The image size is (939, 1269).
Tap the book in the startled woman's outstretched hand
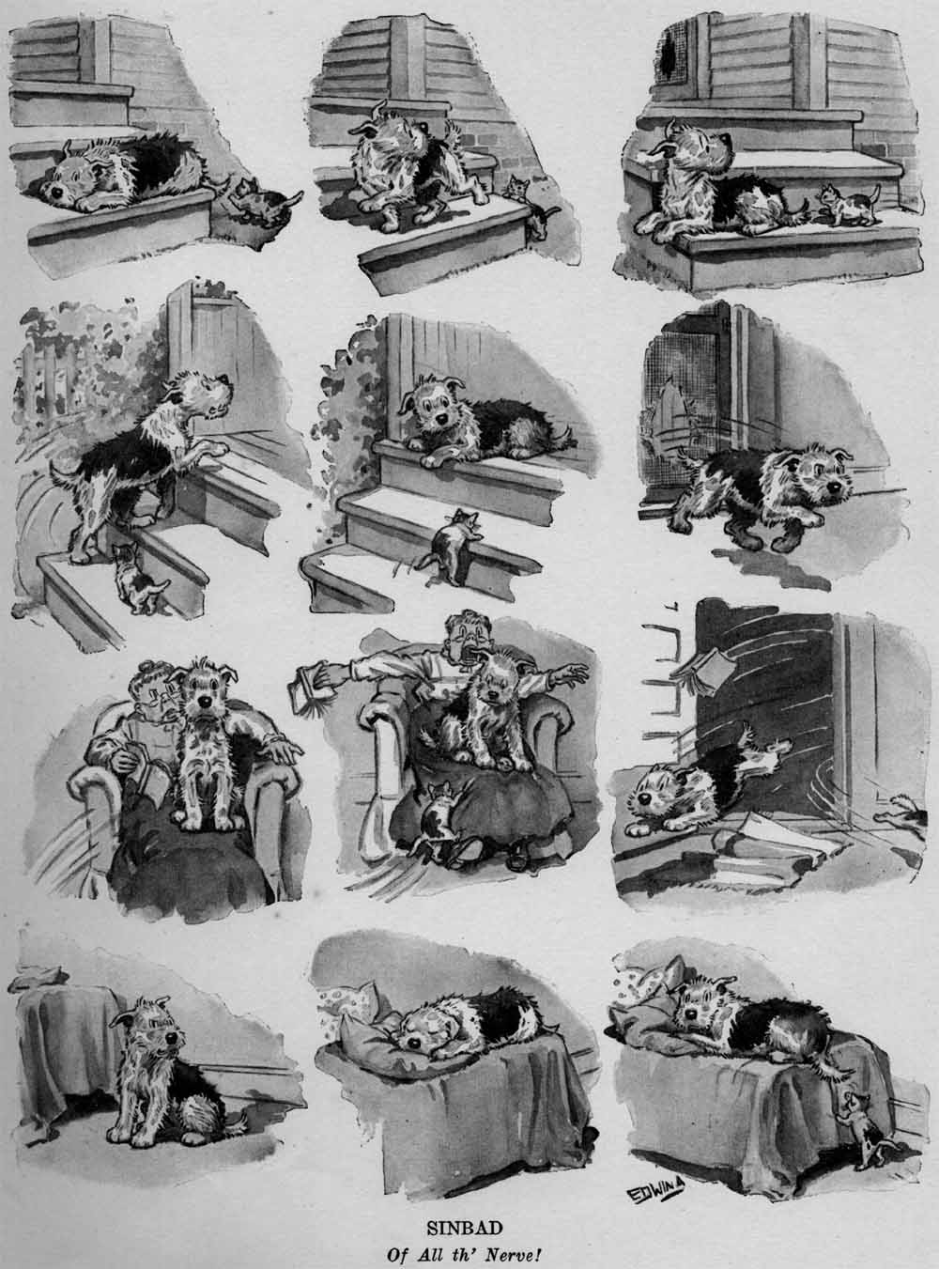[314, 692]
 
